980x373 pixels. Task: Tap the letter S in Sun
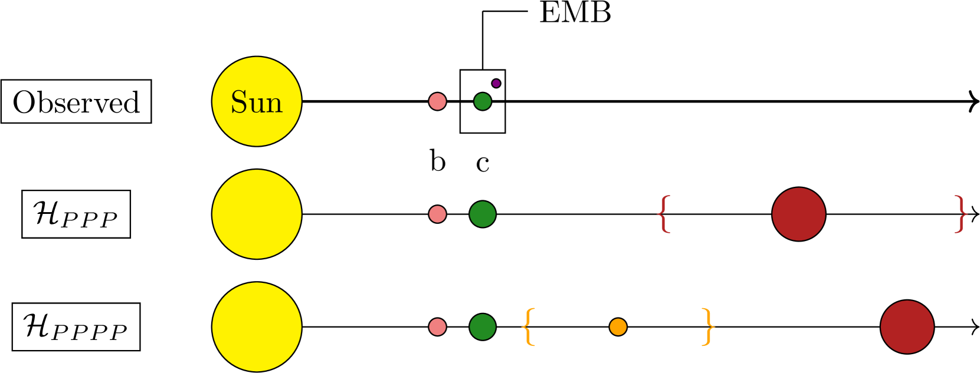click(x=238, y=103)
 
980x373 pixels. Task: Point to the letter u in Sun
click(x=257, y=105)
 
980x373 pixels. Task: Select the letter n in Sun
click(x=274, y=105)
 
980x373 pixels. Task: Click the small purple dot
click(x=496, y=84)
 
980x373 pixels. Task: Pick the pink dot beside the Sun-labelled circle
click(x=437, y=101)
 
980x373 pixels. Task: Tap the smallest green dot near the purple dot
click(x=483, y=101)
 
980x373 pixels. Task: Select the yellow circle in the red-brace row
click(x=257, y=214)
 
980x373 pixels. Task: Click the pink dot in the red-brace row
click(x=437, y=214)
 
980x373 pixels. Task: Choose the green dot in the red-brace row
click(x=483, y=214)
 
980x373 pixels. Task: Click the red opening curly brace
click(x=664, y=214)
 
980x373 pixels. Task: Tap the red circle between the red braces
click(x=799, y=214)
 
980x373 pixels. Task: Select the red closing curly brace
click(x=961, y=214)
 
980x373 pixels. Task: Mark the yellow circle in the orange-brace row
click(x=257, y=326)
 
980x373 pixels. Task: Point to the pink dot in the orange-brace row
click(x=437, y=326)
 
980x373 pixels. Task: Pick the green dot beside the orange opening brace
click(x=483, y=326)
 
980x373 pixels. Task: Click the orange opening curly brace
click(x=529, y=326)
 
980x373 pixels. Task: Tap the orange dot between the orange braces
click(x=618, y=326)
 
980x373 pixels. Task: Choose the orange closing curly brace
click(x=708, y=326)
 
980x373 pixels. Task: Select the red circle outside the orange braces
click(x=907, y=326)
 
